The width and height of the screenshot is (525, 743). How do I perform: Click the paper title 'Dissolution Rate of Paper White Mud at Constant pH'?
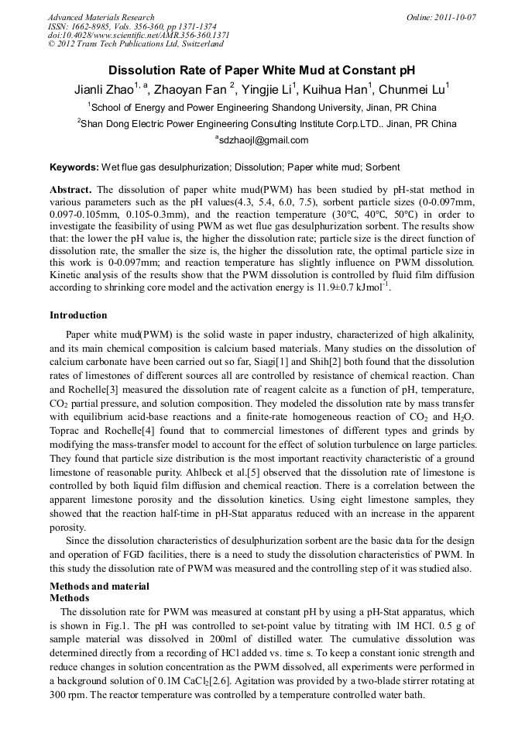point(262,71)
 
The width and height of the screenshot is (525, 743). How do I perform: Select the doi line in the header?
point(139,35)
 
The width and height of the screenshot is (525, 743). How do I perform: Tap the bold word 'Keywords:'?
point(74,167)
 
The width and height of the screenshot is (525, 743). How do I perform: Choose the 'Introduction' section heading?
point(78,315)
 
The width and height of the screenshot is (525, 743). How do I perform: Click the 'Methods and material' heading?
point(99,586)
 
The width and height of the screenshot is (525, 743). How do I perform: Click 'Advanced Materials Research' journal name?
point(101,17)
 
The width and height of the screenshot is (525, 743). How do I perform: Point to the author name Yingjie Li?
point(262,89)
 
